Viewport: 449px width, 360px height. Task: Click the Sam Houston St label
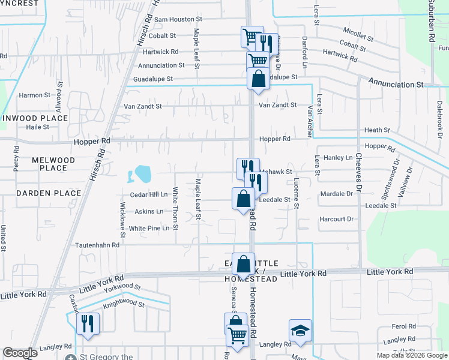click(173, 19)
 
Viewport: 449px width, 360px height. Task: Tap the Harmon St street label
click(35, 95)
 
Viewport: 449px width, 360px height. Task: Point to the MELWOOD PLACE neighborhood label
click(53, 164)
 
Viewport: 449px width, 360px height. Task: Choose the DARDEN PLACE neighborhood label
click(49, 193)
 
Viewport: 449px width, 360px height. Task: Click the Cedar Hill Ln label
click(149, 195)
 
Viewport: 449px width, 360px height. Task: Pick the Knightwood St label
click(124, 304)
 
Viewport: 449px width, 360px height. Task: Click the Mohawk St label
click(276, 172)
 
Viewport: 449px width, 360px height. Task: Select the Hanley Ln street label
click(339, 158)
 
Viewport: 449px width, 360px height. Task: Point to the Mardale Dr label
click(336, 194)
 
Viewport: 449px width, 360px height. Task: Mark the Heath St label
click(377, 130)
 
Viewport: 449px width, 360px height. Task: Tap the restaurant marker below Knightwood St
click(88, 324)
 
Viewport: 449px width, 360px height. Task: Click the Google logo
click(20, 353)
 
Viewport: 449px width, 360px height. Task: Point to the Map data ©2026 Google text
click(411, 355)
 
